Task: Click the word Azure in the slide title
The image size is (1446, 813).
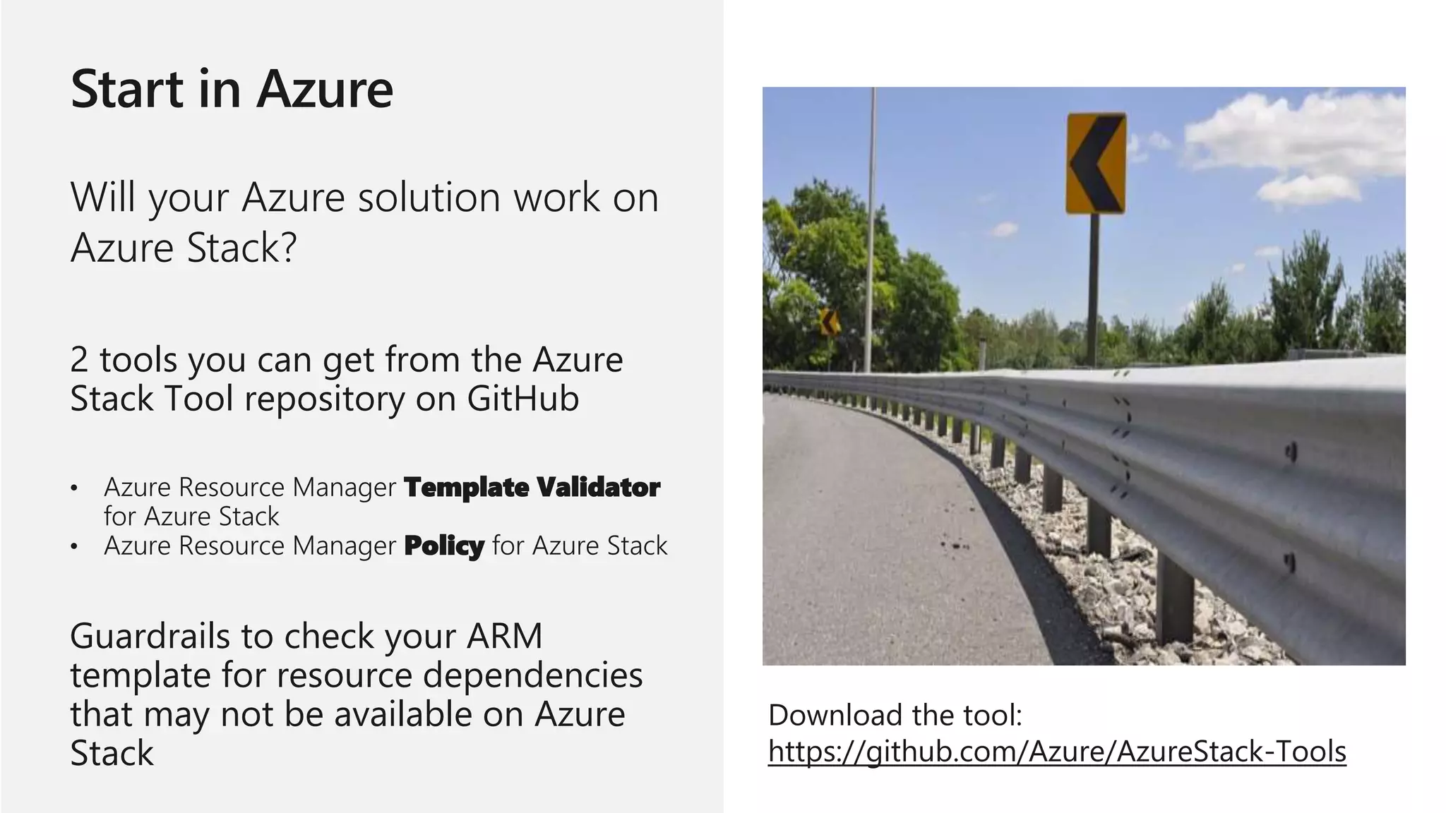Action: pyautogui.click(x=324, y=90)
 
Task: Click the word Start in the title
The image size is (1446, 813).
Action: pyautogui.click(x=127, y=90)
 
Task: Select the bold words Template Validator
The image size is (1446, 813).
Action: pyautogui.click(x=532, y=487)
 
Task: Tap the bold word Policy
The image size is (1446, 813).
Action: pyautogui.click(x=444, y=546)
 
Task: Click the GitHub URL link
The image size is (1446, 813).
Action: pyautogui.click(x=1057, y=751)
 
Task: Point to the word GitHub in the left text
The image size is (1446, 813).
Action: pyautogui.click(x=522, y=399)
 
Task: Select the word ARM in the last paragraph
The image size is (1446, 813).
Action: pyautogui.click(x=504, y=636)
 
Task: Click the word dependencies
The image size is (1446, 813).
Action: pyautogui.click(x=532, y=675)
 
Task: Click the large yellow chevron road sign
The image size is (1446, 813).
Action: pyautogui.click(x=1095, y=163)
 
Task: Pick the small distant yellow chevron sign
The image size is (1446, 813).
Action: pyautogui.click(x=830, y=323)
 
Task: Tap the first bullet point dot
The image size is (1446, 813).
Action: pyautogui.click(x=74, y=488)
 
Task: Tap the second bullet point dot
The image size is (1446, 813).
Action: pyautogui.click(x=74, y=546)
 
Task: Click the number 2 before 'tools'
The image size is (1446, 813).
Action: pyautogui.click(x=79, y=360)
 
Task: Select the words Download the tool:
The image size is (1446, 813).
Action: pyautogui.click(x=895, y=715)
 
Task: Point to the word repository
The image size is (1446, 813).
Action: pyautogui.click(x=324, y=399)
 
